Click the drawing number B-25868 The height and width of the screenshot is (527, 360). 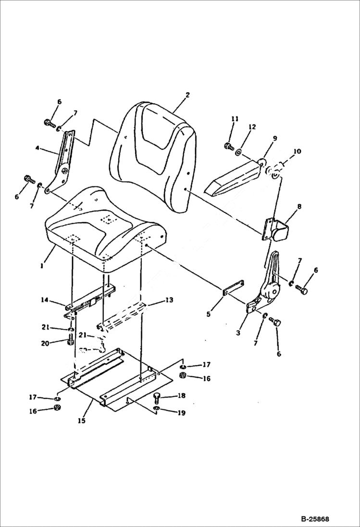coord(315,519)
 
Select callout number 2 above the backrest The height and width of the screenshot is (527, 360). coord(187,95)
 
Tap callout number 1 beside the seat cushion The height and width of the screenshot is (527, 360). coord(42,265)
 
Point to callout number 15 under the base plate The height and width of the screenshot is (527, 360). coord(82,421)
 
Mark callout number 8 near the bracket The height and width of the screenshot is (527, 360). coord(299,207)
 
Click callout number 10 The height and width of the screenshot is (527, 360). coord(297,151)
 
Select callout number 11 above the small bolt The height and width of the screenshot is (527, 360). coord(235,118)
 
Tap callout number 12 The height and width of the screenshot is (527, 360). coord(252,126)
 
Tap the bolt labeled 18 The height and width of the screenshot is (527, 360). coord(156,398)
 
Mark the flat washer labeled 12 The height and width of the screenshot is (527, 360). coord(238,152)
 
